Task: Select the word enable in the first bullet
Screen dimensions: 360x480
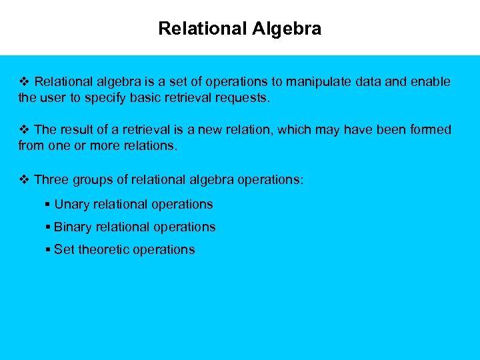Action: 430,82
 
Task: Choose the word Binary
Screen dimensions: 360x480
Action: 73,227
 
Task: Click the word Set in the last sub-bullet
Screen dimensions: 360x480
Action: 64,249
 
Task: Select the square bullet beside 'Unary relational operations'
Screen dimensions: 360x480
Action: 48,205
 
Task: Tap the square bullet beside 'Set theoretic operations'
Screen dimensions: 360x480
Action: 48,250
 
